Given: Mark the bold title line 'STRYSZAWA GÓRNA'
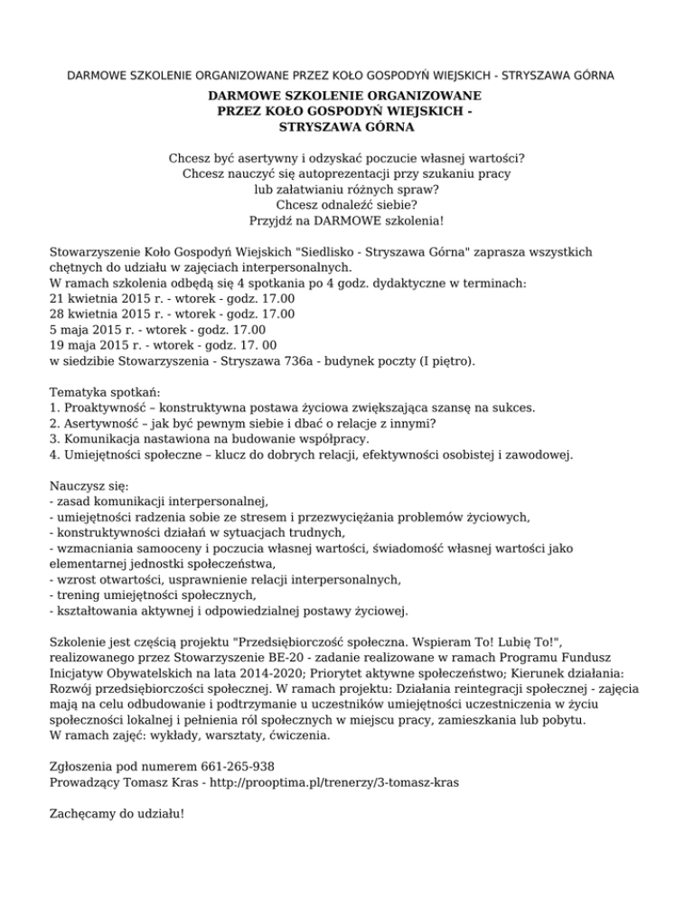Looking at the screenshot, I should (347, 127).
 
